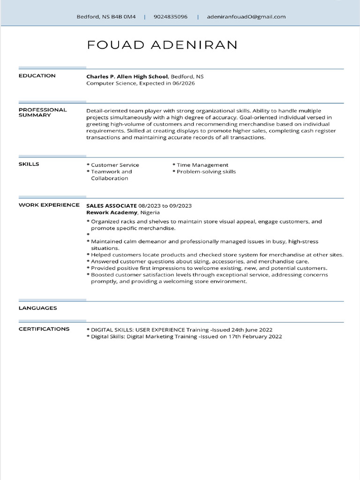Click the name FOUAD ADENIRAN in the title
(162, 45)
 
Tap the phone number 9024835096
(170, 17)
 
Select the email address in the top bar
(246, 17)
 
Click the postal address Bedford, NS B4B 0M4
(106, 17)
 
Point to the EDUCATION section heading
(37, 76)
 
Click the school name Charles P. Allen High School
(127, 76)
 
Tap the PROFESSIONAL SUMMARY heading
(43, 112)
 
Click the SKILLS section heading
(29, 164)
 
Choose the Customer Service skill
(115, 165)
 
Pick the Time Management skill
(202, 165)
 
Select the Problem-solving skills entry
(206, 172)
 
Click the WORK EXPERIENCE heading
(49, 205)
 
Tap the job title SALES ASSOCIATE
(112, 206)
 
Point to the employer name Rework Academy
(111, 212)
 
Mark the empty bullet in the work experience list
(88, 233)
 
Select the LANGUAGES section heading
(38, 308)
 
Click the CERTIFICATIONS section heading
(44, 329)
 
